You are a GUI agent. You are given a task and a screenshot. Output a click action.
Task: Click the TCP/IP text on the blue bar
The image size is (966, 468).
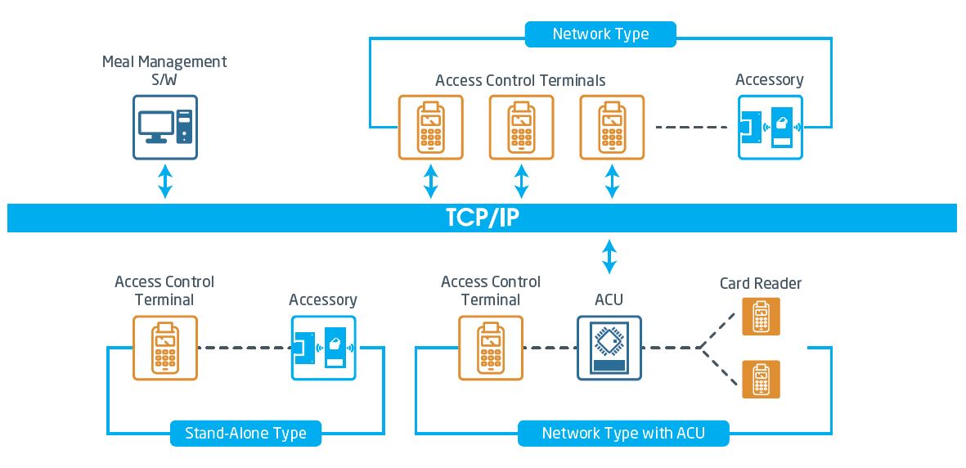click(x=482, y=218)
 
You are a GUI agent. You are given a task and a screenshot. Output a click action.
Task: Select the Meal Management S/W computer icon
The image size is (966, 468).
click(x=165, y=127)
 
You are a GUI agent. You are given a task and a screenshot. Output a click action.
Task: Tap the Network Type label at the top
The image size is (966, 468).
click(x=600, y=34)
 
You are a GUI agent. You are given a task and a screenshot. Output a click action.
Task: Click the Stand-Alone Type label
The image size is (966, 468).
click(x=245, y=433)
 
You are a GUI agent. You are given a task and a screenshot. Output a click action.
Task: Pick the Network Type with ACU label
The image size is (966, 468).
click(x=622, y=433)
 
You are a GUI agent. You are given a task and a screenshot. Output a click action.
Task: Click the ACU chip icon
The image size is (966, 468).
click(x=609, y=348)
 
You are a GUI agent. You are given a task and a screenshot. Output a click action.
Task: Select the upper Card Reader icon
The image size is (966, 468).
click(x=761, y=316)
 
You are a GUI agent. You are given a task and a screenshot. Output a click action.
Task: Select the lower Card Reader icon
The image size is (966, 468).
click(x=761, y=380)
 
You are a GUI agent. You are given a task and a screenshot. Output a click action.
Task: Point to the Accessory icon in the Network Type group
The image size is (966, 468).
click(x=770, y=127)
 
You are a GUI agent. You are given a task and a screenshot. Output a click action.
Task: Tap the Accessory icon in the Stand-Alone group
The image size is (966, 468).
click(x=323, y=348)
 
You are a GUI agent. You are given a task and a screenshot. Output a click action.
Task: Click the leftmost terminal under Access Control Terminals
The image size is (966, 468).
click(x=430, y=127)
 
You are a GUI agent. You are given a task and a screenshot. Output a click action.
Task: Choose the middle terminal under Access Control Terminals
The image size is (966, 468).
click(x=521, y=127)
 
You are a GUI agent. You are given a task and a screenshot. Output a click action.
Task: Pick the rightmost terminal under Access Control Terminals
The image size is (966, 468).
click(x=612, y=127)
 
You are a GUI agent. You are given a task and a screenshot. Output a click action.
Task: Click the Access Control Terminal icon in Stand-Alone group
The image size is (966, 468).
click(x=165, y=348)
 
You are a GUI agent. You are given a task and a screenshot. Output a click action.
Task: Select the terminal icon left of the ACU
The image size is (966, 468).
click(x=491, y=348)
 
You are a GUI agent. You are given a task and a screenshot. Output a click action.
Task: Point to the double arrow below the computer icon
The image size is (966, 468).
click(x=165, y=181)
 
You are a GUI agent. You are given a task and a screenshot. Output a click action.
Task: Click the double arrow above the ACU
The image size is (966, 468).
click(x=609, y=256)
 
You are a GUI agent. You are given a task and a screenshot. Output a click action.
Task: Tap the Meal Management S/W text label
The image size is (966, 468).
click(x=164, y=70)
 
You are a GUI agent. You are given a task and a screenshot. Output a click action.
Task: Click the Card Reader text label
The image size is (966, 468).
click(x=761, y=283)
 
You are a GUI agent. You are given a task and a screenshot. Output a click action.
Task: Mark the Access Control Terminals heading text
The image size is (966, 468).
click(x=520, y=80)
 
